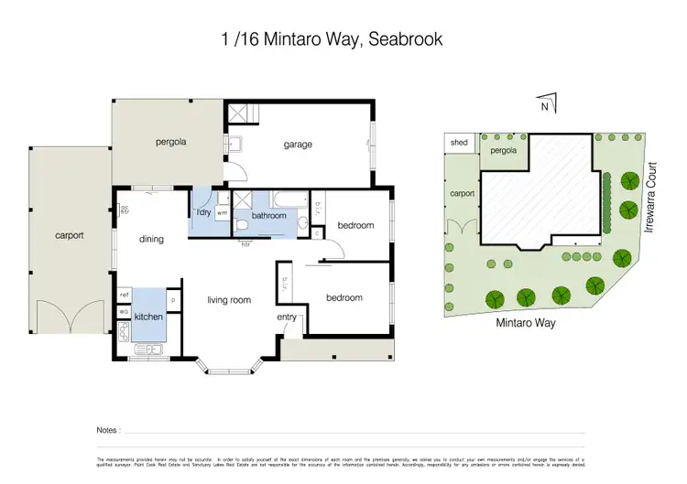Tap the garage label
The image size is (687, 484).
[x=298, y=145]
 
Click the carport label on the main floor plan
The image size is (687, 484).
[x=69, y=235]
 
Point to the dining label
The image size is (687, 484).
[x=151, y=240]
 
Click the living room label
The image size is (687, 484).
[x=229, y=299]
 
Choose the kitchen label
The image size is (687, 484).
[x=148, y=316]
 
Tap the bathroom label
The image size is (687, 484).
[x=269, y=216]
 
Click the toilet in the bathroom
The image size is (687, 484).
[x=242, y=222]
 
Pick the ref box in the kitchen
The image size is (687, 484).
[x=124, y=295]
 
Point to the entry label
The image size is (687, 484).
[x=287, y=317]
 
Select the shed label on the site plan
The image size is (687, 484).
[x=458, y=144]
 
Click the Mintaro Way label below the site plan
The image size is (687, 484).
[x=526, y=322]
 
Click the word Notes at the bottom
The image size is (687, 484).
[x=107, y=429]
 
